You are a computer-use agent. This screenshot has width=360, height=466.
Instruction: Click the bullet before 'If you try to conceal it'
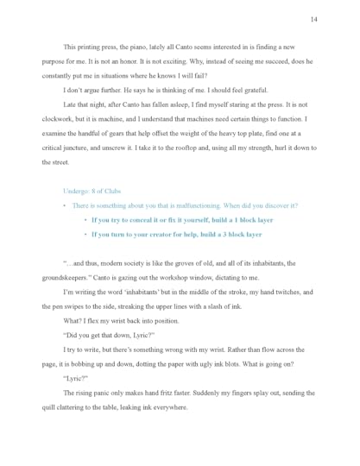(x=85, y=220)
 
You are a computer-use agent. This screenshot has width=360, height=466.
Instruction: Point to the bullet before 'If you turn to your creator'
(x=85, y=234)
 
